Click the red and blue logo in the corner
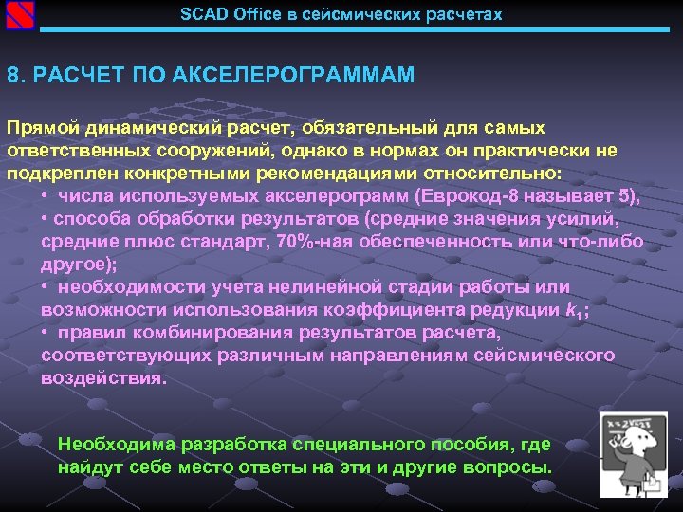pos(19,15)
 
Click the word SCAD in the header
pos(200,15)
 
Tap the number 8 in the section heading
pos(11,75)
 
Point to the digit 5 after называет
pos(623,197)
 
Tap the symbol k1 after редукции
pos(571,311)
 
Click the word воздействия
pos(102,378)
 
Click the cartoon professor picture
pos(633,453)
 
